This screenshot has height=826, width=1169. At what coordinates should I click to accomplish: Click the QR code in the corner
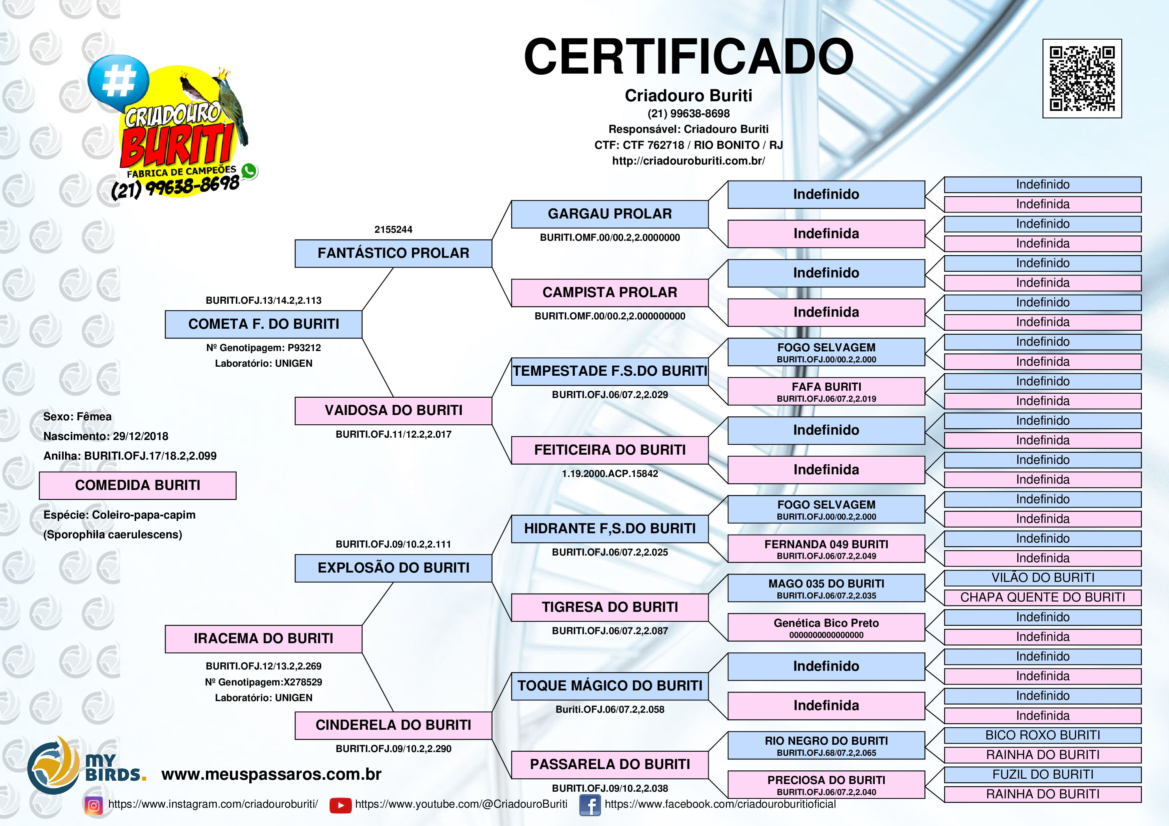click(x=1082, y=78)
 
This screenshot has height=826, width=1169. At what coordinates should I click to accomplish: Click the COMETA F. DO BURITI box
click(x=263, y=324)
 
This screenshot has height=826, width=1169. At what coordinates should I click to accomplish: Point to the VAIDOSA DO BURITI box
click(x=393, y=411)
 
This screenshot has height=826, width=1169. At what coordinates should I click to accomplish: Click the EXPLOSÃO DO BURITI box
click(x=393, y=568)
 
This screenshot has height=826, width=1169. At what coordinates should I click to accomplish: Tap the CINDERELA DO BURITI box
click(x=393, y=725)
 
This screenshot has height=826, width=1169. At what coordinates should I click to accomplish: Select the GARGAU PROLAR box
click(x=609, y=214)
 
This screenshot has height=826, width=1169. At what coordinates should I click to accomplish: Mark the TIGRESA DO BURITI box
click(x=609, y=607)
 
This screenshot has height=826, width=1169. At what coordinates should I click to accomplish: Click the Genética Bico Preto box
click(x=826, y=627)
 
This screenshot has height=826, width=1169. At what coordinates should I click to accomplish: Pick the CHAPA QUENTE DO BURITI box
click(x=1042, y=598)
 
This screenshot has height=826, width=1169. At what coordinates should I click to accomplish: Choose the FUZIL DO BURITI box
click(x=1042, y=775)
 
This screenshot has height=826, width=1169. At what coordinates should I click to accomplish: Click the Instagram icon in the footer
click(x=94, y=805)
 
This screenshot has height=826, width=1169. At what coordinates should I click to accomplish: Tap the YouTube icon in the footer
click(x=340, y=805)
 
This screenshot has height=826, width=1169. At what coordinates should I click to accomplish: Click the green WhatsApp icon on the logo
click(x=249, y=171)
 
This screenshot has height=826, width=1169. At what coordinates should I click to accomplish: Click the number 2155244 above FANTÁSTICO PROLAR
click(x=393, y=229)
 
